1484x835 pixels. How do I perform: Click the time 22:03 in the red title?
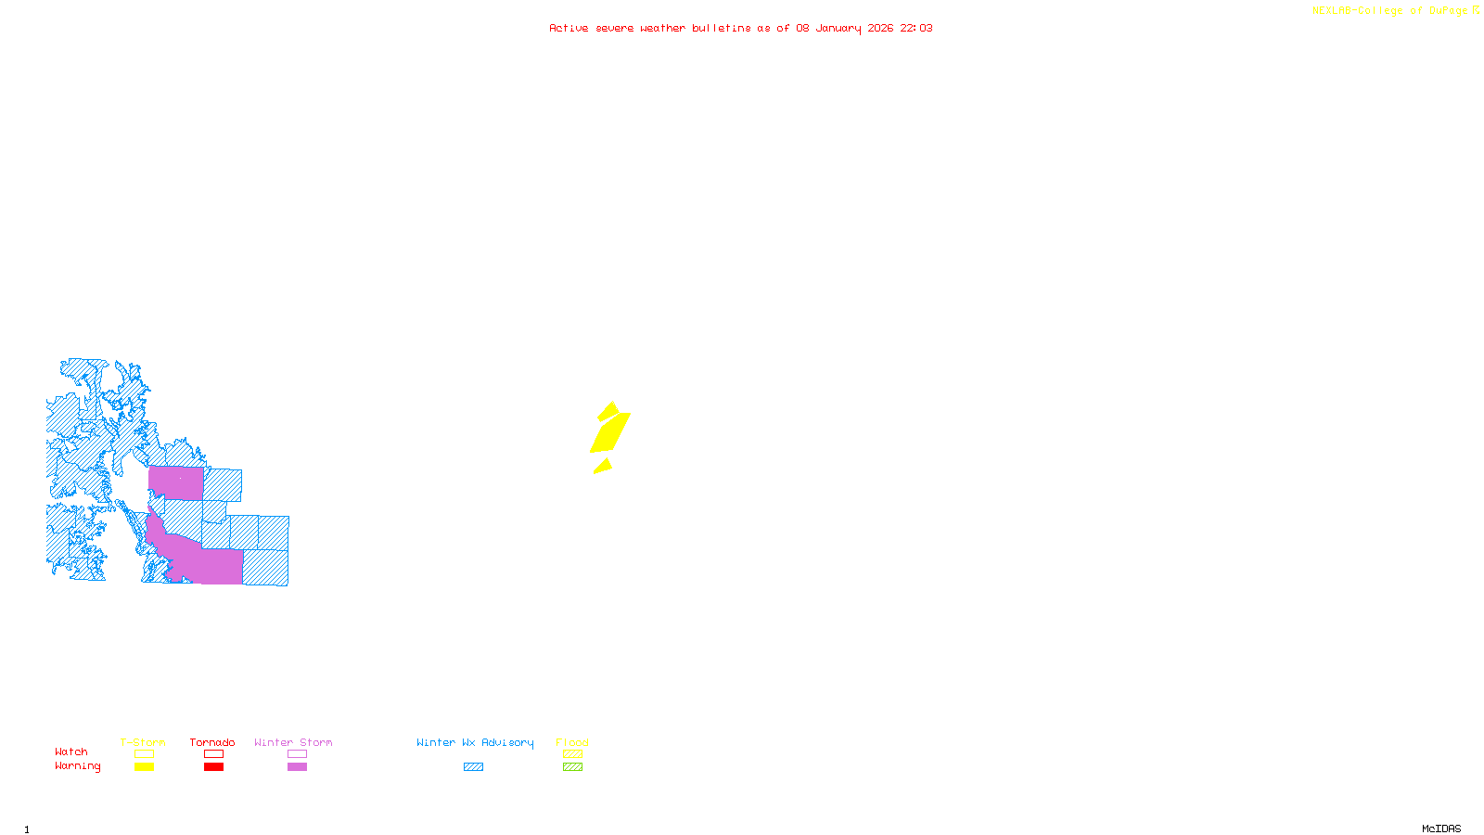click(916, 28)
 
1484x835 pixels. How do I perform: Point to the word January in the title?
click(838, 28)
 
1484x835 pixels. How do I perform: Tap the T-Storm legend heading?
click(143, 742)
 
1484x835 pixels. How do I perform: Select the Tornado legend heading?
click(212, 742)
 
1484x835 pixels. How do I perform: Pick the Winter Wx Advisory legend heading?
click(475, 742)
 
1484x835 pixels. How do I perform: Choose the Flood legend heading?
click(572, 742)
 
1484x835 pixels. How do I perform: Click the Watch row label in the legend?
click(71, 751)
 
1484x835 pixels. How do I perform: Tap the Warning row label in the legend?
click(77, 766)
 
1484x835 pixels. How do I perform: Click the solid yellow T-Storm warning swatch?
click(144, 767)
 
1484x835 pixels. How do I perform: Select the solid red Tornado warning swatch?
click(213, 767)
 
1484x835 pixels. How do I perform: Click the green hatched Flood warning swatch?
click(572, 767)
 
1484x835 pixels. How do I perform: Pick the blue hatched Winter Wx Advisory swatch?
click(473, 767)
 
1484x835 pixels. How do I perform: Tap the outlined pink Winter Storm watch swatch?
click(297, 754)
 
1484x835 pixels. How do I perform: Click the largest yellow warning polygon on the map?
click(610, 432)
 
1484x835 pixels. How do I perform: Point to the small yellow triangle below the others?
click(604, 467)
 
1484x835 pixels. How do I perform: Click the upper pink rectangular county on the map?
click(175, 483)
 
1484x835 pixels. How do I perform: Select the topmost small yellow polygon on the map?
click(608, 410)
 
